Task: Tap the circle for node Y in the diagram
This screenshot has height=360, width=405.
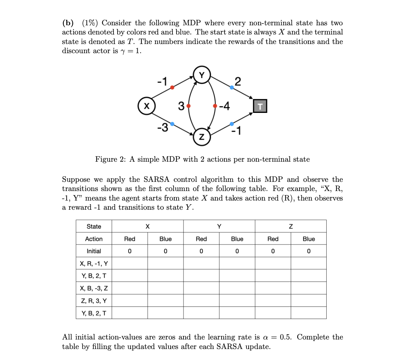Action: tap(202, 74)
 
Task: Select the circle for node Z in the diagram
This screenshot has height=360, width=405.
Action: tap(202, 137)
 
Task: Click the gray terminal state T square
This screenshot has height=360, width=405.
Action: tap(260, 106)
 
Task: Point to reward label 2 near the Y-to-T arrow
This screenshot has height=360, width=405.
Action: tap(238, 81)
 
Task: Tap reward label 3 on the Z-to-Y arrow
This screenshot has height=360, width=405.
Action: tap(181, 106)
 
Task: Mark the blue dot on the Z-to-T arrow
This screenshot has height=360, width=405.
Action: tap(231, 124)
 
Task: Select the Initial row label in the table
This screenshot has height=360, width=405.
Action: tap(94, 251)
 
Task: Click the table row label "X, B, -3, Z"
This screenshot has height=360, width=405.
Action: tap(94, 289)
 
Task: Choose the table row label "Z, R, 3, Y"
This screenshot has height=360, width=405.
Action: tap(94, 301)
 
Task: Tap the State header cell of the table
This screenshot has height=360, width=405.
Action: tap(94, 226)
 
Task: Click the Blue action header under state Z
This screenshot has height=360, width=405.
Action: tap(308, 239)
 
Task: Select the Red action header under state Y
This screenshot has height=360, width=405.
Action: tap(201, 239)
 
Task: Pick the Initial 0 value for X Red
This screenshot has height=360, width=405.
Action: tap(130, 251)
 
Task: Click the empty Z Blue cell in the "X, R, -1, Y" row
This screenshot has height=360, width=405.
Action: tap(308, 264)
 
